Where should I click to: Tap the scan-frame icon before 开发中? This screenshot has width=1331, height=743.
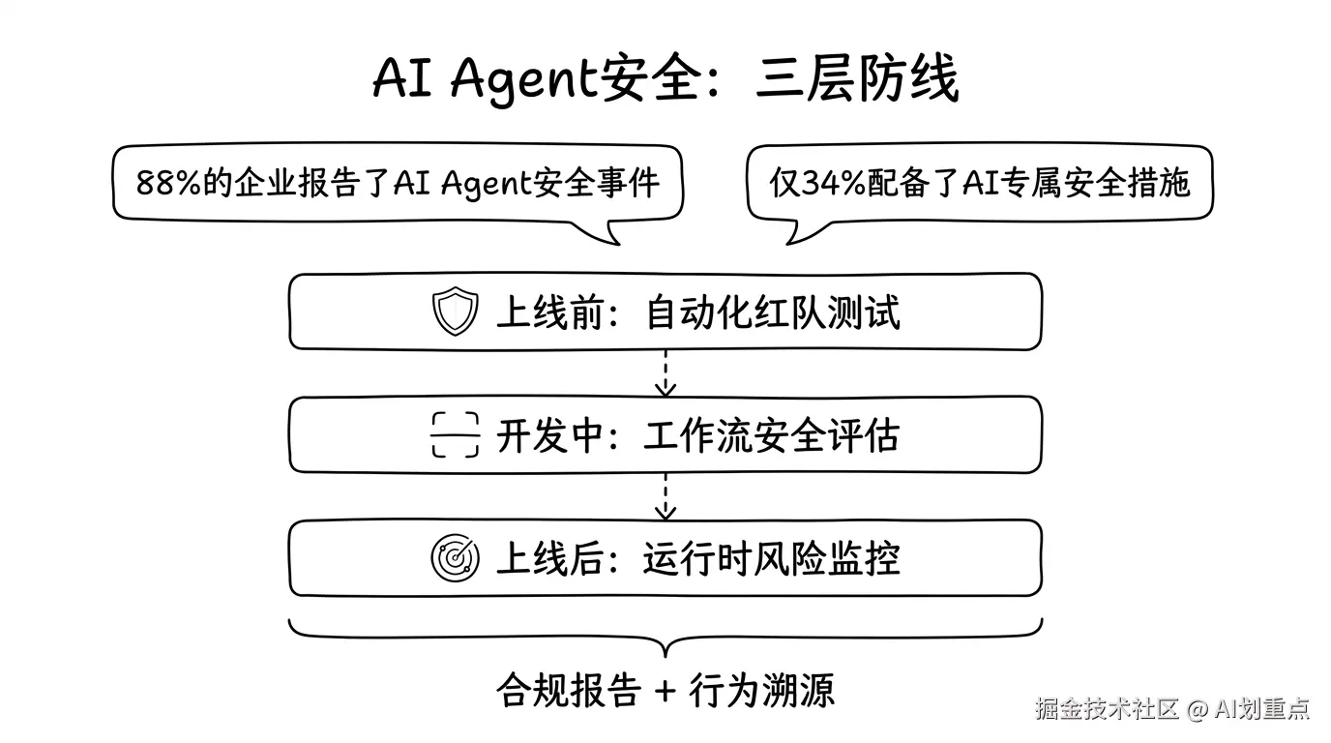(455, 435)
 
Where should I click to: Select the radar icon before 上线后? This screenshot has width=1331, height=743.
(455, 558)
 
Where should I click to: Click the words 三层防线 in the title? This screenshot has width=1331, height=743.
(857, 79)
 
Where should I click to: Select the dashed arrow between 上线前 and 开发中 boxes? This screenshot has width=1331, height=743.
(665, 373)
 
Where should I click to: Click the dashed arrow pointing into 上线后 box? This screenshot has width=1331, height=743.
(665, 495)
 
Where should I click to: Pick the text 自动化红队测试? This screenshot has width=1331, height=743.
(772, 312)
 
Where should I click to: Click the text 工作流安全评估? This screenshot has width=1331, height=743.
(772, 435)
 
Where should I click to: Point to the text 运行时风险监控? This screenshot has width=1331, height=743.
(772, 558)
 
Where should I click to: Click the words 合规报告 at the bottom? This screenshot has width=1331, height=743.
(569, 691)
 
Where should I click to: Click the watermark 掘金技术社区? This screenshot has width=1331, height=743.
(1107, 709)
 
